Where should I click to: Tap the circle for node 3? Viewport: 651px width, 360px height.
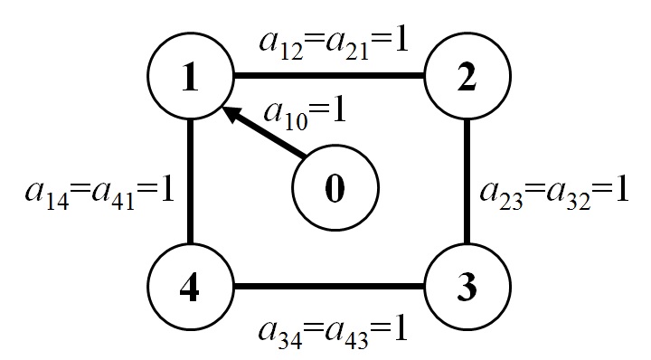(x=467, y=288)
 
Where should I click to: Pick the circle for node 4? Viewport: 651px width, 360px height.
(x=191, y=288)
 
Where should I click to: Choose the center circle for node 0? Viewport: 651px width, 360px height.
(x=335, y=191)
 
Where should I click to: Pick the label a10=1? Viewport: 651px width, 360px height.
(x=303, y=113)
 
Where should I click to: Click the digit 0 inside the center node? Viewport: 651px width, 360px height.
(x=335, y=192)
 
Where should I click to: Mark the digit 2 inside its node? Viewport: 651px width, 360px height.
(x=467, y=80)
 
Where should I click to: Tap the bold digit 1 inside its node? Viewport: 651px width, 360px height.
(x=191, y=80)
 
